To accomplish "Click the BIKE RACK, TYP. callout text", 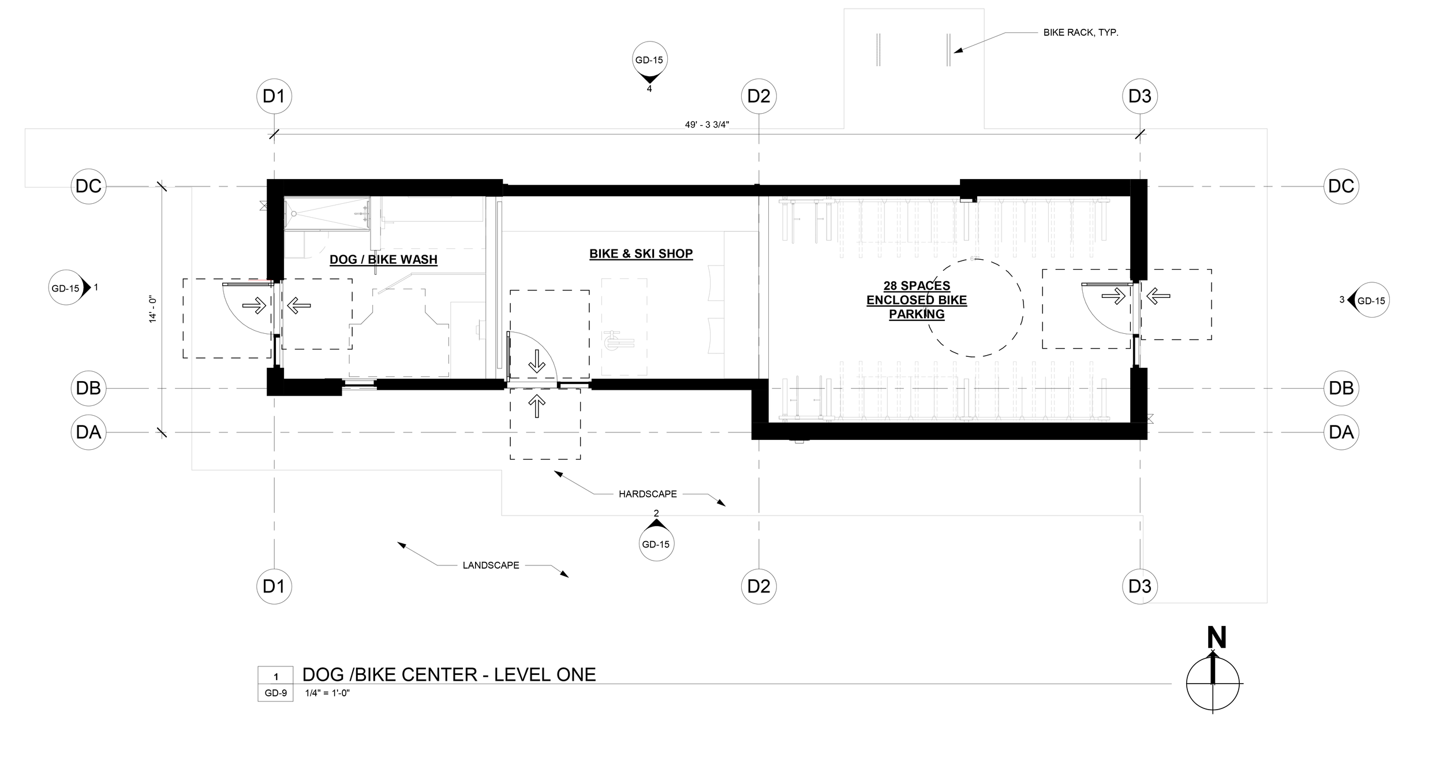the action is point(1081,33).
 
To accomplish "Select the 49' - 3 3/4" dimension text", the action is point(708,125).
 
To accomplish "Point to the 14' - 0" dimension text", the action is point(153,309).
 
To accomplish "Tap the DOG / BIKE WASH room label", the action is point(383,260).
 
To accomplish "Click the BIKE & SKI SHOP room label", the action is point(641,253).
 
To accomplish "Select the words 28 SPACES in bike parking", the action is point(917,286).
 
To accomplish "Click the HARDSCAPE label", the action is point(648,494).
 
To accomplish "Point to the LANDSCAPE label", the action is point(491,565).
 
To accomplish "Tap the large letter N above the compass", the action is point(1216,639).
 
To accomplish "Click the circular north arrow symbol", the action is point(1213,683).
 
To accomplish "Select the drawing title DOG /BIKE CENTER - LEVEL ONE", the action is point(449,674).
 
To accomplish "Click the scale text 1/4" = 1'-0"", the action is point(328,693).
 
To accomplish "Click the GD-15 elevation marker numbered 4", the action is point(649,64).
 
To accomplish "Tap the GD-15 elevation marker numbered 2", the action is point(656,540).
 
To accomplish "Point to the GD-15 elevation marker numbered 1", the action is point(70,288).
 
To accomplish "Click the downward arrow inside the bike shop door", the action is point(537,360).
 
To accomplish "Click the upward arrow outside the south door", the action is point(537,406).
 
